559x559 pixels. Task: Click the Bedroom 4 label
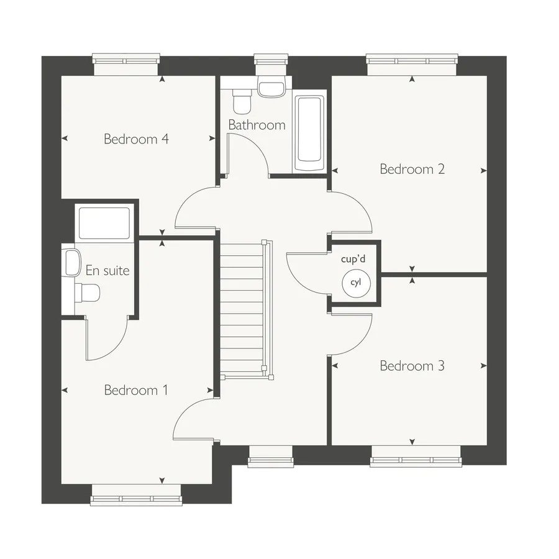(x=136, y=139)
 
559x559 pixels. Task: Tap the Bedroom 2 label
(x=412, y=169)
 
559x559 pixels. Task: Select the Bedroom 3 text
(x=412, y=366)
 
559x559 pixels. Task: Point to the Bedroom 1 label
(x=136, y=390)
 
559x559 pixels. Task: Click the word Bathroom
(x=257, y=125)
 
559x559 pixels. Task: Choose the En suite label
(x=107, y=271)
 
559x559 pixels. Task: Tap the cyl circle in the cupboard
(x=356, y=283)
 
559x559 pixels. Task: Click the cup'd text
(x=353, y=259)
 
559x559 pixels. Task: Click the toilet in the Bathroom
(x=242, y=100)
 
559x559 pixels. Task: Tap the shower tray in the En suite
(x=104, y=223)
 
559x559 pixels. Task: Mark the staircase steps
(x=242, y=309)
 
